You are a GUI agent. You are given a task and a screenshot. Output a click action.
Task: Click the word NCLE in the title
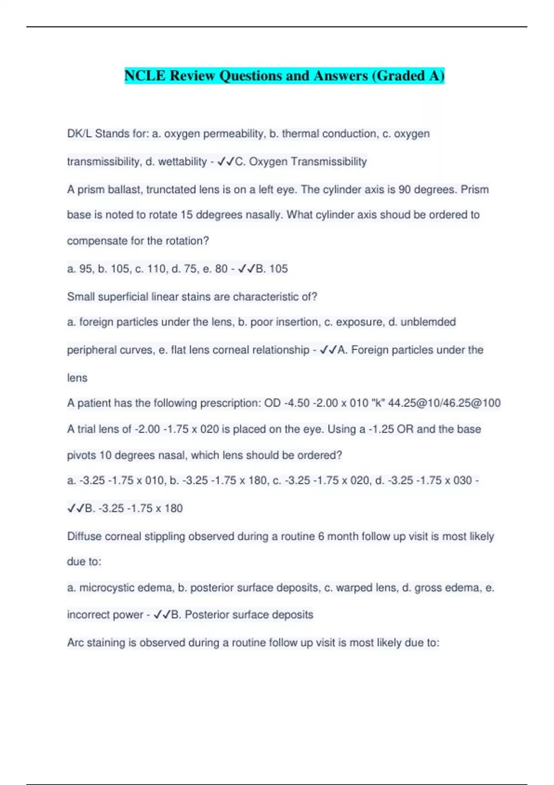[x=145, y=75]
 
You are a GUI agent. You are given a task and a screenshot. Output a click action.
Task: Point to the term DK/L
[x=79, y=134]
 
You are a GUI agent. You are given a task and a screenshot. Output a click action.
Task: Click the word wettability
[x=182, y=162]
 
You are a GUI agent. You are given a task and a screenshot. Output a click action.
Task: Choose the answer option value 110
[x=158, y=269]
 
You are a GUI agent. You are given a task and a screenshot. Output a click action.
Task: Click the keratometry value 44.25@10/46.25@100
[x=444, y=404]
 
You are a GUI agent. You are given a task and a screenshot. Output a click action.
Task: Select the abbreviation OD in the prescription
[x=272, y=404]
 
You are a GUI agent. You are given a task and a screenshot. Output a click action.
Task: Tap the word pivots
[x=81, y=455]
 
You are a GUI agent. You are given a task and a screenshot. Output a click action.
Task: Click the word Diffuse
[x=84, y=537]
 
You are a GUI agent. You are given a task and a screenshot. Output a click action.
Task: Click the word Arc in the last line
[x=75, y=643]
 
